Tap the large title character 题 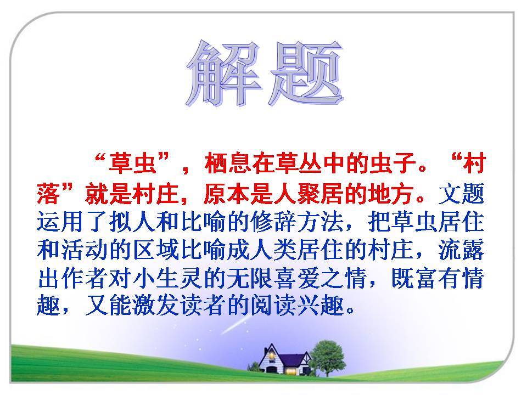pyautogui.click(x=305, y=74)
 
